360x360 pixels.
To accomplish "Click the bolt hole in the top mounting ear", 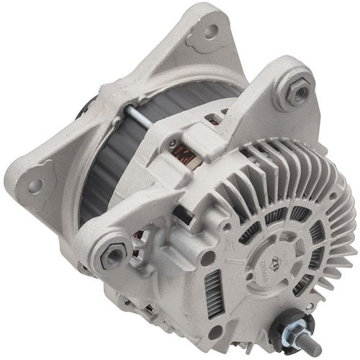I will (x=210, y=31).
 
